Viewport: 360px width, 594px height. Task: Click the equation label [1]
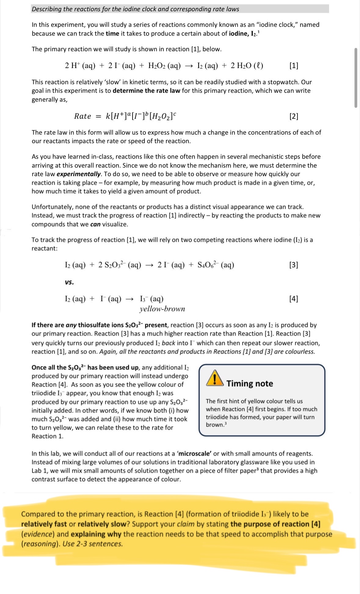[293, 65]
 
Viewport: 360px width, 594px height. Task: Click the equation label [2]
[293, 116]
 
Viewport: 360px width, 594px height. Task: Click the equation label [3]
[293, 265]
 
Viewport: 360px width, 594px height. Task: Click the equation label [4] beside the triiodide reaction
[293, 298]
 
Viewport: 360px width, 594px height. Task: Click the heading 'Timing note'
[249, 384]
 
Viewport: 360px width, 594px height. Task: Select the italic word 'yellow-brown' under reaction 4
[162, 309]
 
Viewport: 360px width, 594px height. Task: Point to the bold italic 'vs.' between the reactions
[69, 282]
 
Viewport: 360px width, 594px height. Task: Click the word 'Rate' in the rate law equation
[82, 116]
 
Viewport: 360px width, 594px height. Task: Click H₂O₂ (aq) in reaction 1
[164, 66]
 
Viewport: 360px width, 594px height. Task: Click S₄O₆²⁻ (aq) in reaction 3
[216, 265]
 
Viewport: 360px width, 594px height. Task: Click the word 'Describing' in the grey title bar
[47, 9]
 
